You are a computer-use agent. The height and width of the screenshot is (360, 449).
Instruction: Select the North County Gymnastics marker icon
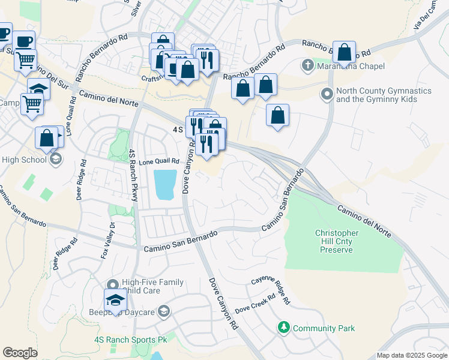click(x=327, y=94)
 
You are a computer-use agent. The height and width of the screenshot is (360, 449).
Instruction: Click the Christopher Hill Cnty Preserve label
click(x=337, y=241)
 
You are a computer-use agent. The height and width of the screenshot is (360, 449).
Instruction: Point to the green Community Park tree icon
click(x=283, y=328)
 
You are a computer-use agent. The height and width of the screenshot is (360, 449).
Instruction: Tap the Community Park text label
click(x=324, y=328)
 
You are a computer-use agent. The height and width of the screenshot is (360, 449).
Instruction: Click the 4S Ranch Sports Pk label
click(x=130, y=339)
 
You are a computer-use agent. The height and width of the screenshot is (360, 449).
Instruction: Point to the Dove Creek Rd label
click(x=255, y=304)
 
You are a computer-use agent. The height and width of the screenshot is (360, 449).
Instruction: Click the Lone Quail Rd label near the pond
click(x=159, y=161)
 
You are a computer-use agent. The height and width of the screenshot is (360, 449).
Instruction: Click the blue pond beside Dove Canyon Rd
click(x=165, y=185)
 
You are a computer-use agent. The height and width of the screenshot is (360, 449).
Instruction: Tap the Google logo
click(x=20, y=353)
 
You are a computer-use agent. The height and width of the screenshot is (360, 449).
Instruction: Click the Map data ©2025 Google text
click(x=412, y=355)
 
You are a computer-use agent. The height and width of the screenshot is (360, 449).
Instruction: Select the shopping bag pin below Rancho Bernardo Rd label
click(x=345, y=52)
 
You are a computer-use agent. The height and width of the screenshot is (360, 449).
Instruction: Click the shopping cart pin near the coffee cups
click(x=25, y=60)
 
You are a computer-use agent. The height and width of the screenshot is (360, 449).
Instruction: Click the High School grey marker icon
click(x=56, y=160)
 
